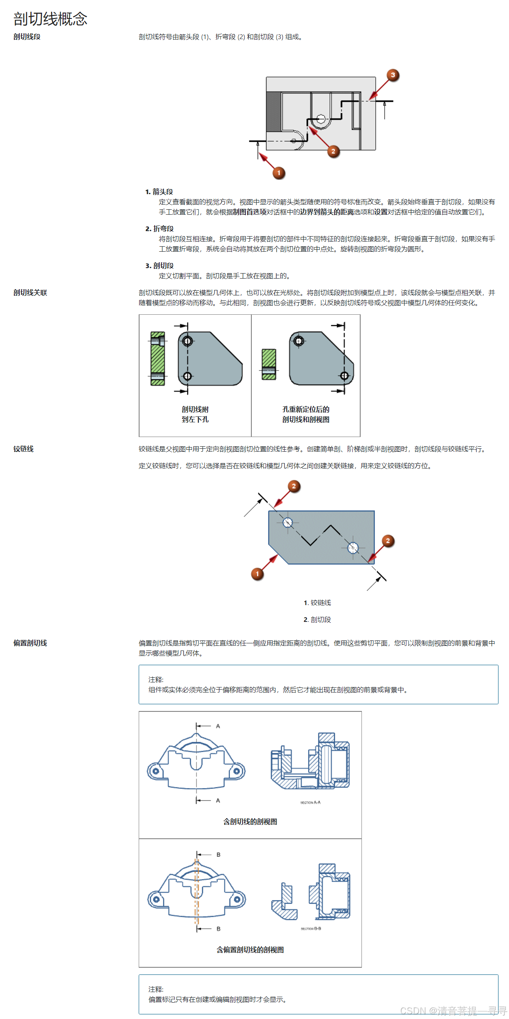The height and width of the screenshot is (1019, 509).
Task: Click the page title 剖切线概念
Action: (x=50, y=19)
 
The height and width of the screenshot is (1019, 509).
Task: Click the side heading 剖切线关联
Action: (x=30, y=292)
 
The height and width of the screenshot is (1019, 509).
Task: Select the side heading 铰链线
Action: (x=24, y=449)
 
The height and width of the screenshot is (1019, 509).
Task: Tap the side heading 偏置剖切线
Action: (x=30, y=643)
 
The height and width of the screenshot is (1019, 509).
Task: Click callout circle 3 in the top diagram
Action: (x=393, y=75)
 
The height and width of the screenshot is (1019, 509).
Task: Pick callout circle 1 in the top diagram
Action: (x=279, y=173)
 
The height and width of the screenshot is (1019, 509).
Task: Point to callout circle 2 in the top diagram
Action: (x=333, y=151)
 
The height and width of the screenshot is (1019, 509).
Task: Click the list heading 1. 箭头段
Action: (x=159, y=192)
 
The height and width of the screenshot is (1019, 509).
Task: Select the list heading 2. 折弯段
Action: (x=160, y=229)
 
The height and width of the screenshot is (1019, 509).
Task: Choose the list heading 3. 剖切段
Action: (x=160, y=266)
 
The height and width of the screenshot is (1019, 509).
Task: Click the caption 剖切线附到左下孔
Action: (x=195, y=414)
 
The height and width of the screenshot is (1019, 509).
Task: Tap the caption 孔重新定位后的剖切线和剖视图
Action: (x=306, y=414)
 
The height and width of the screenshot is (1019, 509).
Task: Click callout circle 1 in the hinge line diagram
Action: (x=257, y=574)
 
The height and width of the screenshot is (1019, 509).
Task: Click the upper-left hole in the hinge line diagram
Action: (x=287, y=522)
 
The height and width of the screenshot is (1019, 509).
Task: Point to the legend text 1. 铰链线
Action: (x=317, y=603)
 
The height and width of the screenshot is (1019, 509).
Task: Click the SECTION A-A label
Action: (x=310, y=802)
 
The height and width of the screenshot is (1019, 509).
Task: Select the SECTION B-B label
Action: (x=311, y=928)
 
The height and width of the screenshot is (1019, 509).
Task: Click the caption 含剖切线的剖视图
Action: (x=250, y=822)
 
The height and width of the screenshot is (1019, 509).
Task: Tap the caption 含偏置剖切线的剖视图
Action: (x=250, y=950)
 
